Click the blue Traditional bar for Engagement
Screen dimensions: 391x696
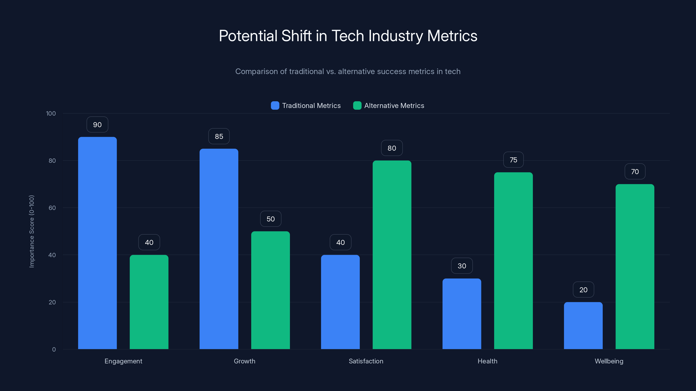coord(97,243)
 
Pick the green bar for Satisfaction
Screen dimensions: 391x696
coord(392,255)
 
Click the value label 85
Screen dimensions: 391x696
coord(219,136)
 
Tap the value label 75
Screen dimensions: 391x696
coord(513,160)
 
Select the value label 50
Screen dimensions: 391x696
coord(270,219)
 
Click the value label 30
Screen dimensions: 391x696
coord(462,266)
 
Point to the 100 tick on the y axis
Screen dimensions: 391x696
coord(51,113)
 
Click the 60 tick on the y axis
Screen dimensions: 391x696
coord(52,208)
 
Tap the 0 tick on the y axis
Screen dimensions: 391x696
coord(54,350)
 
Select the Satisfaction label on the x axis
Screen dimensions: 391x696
coord(366,361)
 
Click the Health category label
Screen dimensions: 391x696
coord(487,361)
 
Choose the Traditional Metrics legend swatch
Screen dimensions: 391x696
coord(275,106)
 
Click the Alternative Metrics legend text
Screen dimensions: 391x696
coord(394,106)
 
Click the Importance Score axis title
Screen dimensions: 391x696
coord(32,231)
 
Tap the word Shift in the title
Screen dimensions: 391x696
coord(296,36)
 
